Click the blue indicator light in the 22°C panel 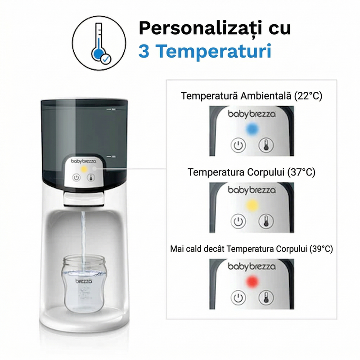coord(252,129)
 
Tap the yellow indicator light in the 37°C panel coord(252,205)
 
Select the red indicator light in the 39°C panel coord(252,282)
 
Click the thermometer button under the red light coord(266,298)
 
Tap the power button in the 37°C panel coord(238,221)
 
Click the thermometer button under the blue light coord(266,145)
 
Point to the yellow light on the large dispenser coord(84,169)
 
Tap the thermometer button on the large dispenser coord(91,178)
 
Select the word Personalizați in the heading coord(200,28)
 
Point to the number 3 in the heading coord(144,51)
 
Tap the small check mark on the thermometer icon coord(105,59)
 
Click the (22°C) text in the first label coord(308,96)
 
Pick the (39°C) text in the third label coord(321,249)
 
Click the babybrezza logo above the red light coord(252,266)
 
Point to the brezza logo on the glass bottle coord(84,281)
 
